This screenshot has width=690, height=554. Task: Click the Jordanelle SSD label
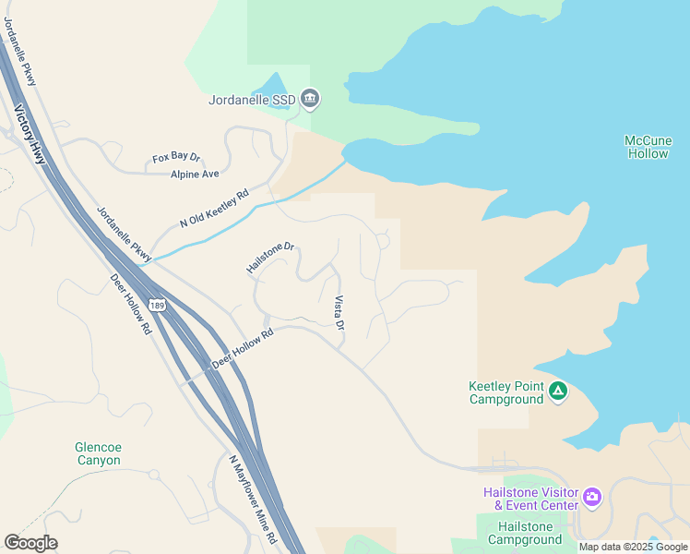pos(252,99)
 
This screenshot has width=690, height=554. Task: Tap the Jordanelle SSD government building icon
pos(310,98)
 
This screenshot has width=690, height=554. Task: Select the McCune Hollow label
pos(648,147)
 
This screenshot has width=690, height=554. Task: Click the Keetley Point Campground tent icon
pos(557,391)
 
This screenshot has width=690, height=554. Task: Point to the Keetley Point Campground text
pos(506,392)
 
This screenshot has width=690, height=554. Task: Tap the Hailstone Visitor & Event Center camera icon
pos(592,499)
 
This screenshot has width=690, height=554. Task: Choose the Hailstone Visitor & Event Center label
pos(530,499)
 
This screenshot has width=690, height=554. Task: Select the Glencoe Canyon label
pos(98,453)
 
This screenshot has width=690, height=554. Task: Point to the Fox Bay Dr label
pos(176,159)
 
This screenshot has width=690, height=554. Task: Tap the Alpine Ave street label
pos(195,174)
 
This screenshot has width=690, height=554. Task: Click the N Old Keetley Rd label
pos(215,209)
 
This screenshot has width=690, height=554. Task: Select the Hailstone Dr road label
pos(269,258)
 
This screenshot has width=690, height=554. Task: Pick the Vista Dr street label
pos(339,313)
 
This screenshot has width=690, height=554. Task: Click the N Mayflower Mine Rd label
pos(253,499)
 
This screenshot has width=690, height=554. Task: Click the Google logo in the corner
pos(30,543)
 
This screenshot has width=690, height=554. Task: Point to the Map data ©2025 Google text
pos(633,547)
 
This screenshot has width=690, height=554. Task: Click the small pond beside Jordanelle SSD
pos(272,88)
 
